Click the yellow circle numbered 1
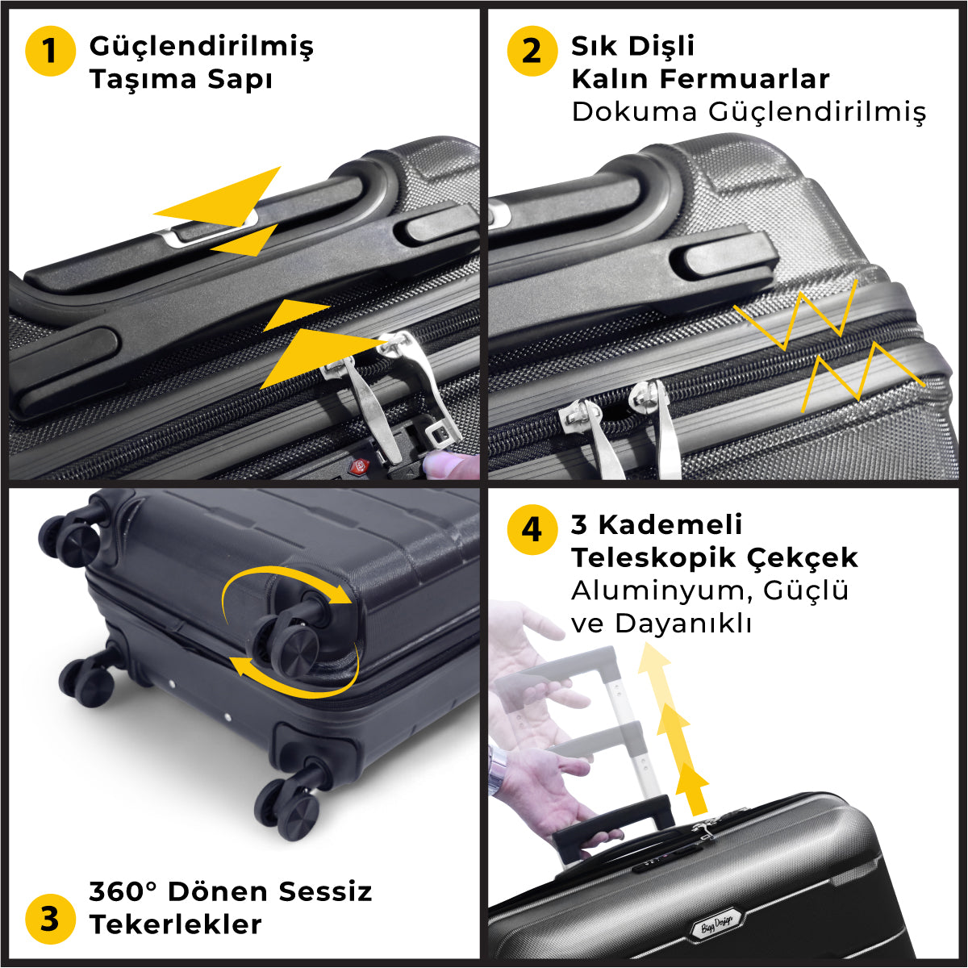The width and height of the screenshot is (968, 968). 50,51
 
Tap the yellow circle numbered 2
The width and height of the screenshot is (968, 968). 532,51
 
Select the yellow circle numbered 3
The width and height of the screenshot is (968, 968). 50,920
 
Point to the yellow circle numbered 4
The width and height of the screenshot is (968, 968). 532,529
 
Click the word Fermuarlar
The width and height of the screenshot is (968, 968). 745,79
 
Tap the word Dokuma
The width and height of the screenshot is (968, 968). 635,111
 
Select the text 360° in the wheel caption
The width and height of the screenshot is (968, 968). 123,891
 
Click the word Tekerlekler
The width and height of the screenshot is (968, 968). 176,924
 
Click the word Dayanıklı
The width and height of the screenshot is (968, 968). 684,624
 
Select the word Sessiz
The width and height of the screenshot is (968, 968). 326,891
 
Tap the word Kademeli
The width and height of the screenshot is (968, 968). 670,525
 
